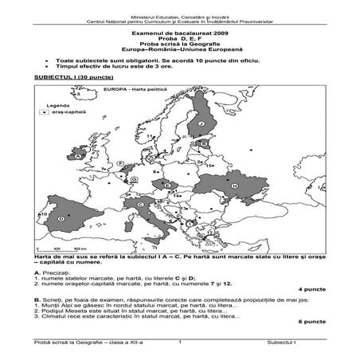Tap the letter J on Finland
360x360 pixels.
203,124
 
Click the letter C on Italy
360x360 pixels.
140,205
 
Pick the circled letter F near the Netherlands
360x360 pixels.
119,162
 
